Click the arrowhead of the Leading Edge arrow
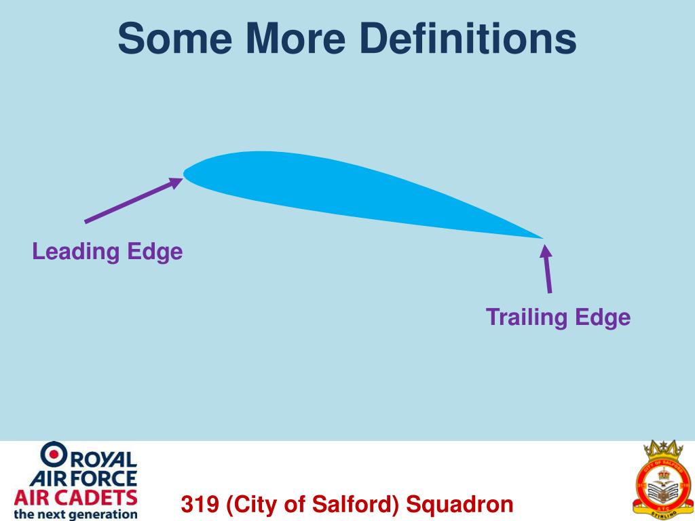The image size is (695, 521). (x=178, y=180)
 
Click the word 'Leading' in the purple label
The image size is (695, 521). (x=76, y=252)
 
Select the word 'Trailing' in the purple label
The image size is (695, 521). (x=527, y=317)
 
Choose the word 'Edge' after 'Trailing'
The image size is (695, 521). (x=603, y=317)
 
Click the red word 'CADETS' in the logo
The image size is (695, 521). (x=101, y=497)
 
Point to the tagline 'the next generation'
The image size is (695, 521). (x=75, y=514)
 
